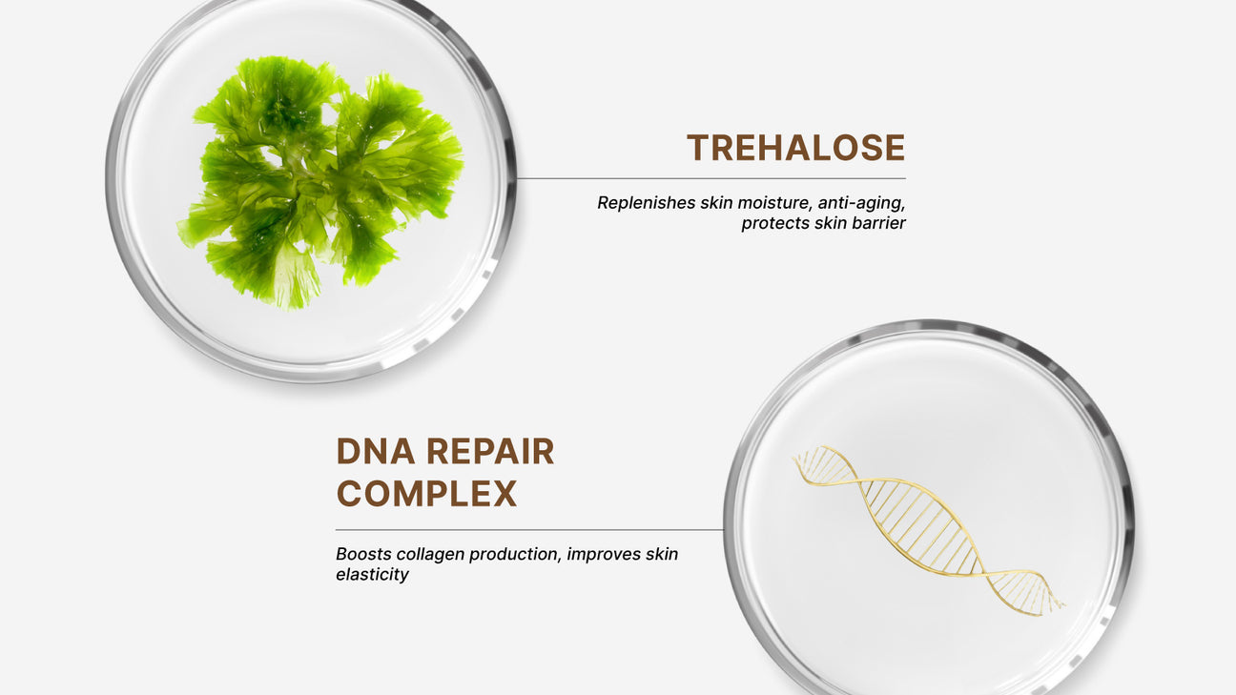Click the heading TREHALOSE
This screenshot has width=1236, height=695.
click(795, 147)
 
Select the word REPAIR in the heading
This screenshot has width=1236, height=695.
click(490, 452)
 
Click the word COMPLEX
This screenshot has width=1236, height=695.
click(426, 493)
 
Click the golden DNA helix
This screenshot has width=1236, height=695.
click(929, 529)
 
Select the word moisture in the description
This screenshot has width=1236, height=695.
click(774, 203)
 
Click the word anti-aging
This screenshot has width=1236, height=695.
click(861, 203)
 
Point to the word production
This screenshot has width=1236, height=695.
click(515, 554)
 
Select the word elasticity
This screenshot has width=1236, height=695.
click(372, 575)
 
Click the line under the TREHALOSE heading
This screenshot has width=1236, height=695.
click(711, 178)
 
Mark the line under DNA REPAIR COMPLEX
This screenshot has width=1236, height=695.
click(529, 530)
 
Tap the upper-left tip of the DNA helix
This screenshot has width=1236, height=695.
click(793, 458)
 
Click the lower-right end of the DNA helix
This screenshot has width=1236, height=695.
click(1064, 605)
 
